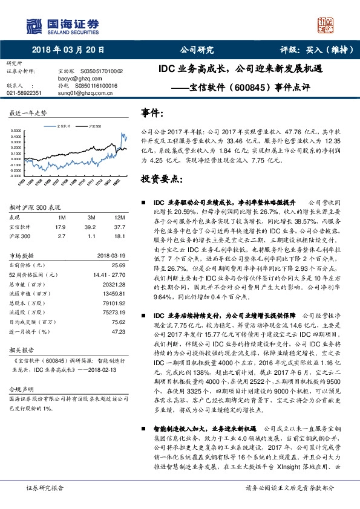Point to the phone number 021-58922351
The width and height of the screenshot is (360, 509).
pyautogui.click(x=24, y=93)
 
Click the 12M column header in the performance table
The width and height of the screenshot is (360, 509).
pyautogui.click(x=119, y=216)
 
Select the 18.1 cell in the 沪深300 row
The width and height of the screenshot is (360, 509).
pyautogui.click(x=119, y=237)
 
